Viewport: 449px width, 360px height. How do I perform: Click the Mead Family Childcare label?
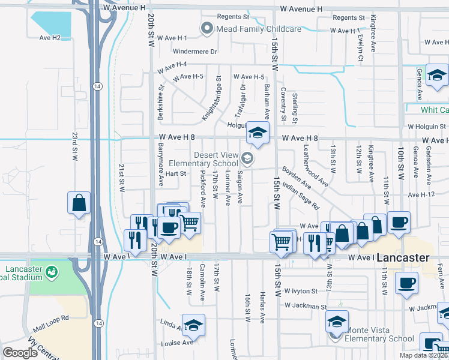(x=258, y=28)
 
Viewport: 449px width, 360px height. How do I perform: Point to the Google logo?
(x=20, y=353)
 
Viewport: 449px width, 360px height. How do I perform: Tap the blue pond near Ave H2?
(x=52, y=23)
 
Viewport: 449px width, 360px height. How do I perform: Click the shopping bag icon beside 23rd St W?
(x=79, y=203)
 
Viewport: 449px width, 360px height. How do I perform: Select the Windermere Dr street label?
(x=194, y=52)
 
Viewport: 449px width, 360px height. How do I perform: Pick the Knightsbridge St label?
(x=211, y=98)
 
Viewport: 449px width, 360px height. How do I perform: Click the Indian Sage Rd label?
(x=300, y=197)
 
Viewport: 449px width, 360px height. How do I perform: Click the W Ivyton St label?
(x=301, y=290)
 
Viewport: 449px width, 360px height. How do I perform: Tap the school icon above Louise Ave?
(x=193, y=325)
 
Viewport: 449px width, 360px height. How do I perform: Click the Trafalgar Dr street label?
(x=240, y=100)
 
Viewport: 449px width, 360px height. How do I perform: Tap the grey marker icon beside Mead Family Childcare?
(x=207, y=28)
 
